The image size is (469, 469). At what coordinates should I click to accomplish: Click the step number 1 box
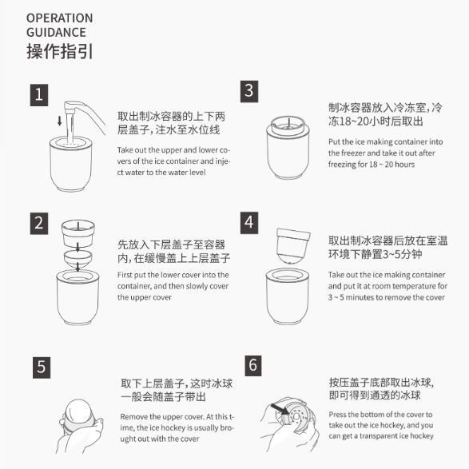[x=39, y=95]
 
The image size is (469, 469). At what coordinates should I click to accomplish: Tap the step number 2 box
[x=39, y=224]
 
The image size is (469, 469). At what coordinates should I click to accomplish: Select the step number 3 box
[x=249, y=91]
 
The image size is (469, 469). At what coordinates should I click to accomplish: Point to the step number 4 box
[x=249, y=223]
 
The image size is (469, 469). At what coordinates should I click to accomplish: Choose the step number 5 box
[x=42, y=368]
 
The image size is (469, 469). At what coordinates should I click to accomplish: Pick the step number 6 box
[x=253, y=365]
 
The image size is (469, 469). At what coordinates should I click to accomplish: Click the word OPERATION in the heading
[x=59, y=18]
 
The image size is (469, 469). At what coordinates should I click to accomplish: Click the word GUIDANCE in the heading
[x=56, y=32]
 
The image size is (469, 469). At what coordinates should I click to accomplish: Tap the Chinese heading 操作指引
[x=60, y=51]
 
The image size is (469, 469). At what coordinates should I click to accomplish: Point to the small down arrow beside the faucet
[x=59, y=121]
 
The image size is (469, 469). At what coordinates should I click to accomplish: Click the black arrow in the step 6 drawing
[x=280, y=409]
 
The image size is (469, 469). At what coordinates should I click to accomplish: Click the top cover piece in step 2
[x=78, y=233]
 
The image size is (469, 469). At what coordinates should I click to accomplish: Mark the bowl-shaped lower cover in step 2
[x=78, y=259]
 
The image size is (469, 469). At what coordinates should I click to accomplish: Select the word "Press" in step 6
[x=338, y=415]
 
